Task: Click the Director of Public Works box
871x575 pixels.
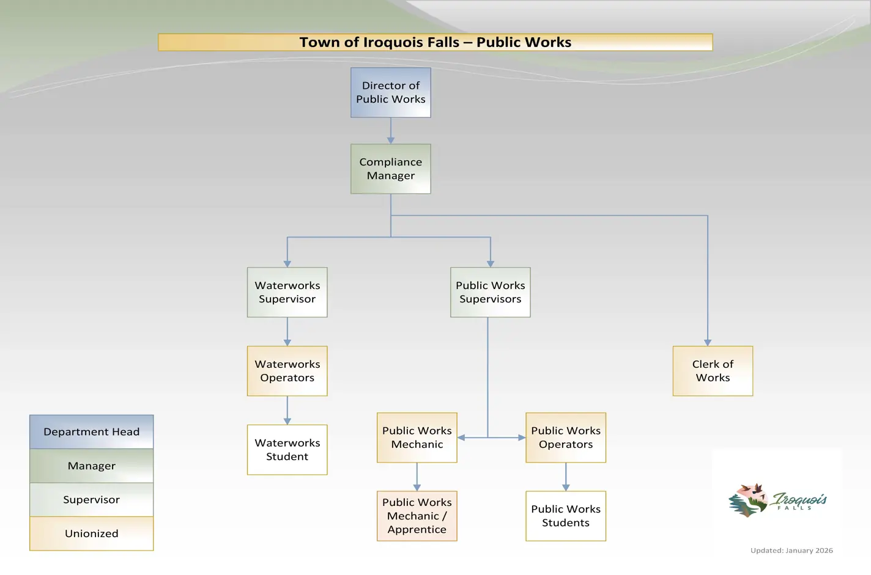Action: (390, 92)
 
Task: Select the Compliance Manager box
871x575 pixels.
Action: (390, 169)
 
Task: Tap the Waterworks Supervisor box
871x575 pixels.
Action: (287, 292)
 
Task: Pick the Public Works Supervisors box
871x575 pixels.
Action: (490, 292)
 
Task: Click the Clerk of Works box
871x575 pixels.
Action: (713, 371)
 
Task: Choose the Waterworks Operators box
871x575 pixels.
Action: (287, 371)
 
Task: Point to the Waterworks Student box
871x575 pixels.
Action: (287, 450)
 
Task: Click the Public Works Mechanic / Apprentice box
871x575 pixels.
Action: (417, 516)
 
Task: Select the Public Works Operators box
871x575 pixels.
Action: (565, 438)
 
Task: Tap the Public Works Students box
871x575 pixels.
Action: (565, 516)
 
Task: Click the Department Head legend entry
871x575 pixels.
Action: (91, 432)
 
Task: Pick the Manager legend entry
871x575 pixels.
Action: (91, 466)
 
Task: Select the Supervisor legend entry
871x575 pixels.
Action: (91, 500)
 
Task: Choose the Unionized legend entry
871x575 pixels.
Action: (91, 533)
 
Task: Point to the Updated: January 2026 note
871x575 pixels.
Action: (791, 551)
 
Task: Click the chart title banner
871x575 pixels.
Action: (435, 42)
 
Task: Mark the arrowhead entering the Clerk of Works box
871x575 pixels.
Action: (708, 343)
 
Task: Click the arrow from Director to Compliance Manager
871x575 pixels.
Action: (391, 130)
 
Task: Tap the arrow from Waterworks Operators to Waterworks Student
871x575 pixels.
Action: (287, 410)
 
